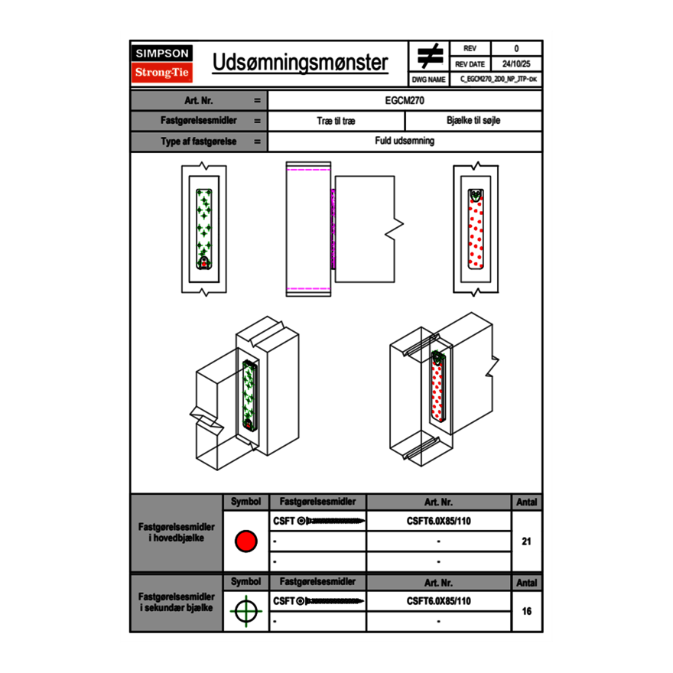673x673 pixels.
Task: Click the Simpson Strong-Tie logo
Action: pos(163,63)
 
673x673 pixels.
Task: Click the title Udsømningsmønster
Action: pos(300,63)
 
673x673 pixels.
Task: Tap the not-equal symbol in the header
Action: pos(430,57)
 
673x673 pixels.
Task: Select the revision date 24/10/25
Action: pos(516,64)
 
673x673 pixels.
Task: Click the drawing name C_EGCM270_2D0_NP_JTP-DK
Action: pos(497,80)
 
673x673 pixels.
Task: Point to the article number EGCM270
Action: pos(405,100)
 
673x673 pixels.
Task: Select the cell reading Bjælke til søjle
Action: pos(473,121)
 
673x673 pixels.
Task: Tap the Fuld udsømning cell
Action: pos(405,141)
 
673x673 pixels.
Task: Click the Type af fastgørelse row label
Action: pos(187,141)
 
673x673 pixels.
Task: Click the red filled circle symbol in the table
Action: pos(245,541)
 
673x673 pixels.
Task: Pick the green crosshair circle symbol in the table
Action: pos(245,611)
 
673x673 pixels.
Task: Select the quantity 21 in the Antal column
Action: pos(526,541)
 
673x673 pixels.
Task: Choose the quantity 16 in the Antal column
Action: pos(526,611)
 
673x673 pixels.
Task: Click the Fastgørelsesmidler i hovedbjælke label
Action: pos(177,533)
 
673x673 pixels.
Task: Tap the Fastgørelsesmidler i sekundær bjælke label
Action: pos(177,602)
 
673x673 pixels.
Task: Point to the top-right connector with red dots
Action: pos(476,229)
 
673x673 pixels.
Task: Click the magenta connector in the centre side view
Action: pos(333,228)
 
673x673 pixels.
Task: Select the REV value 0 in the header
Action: pos(516,49)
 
